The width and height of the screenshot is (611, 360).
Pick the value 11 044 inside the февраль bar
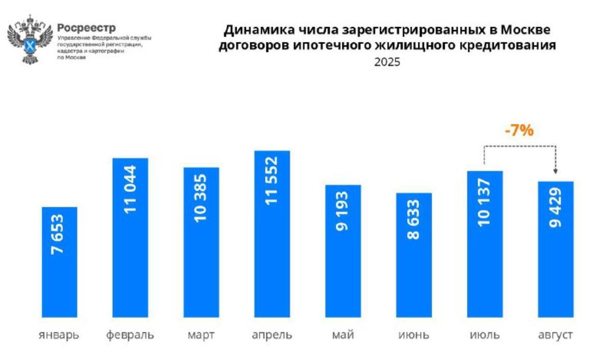[130, 189]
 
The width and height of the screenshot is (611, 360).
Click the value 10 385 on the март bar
[201, 197]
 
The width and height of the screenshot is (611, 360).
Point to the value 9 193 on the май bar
[343, 211]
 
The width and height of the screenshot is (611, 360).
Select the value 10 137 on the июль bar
[485, 202]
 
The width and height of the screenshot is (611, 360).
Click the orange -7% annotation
[519, 131]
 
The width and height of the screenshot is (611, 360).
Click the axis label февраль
[130, 335]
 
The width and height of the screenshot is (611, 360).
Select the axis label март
[201, 335]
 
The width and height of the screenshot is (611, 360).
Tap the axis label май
[343, 335]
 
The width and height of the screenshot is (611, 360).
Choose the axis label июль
[485, 335]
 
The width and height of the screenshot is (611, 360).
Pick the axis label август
[555, 335]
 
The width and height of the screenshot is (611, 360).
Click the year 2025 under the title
[387, 62]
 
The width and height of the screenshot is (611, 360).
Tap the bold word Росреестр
[86, 27]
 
